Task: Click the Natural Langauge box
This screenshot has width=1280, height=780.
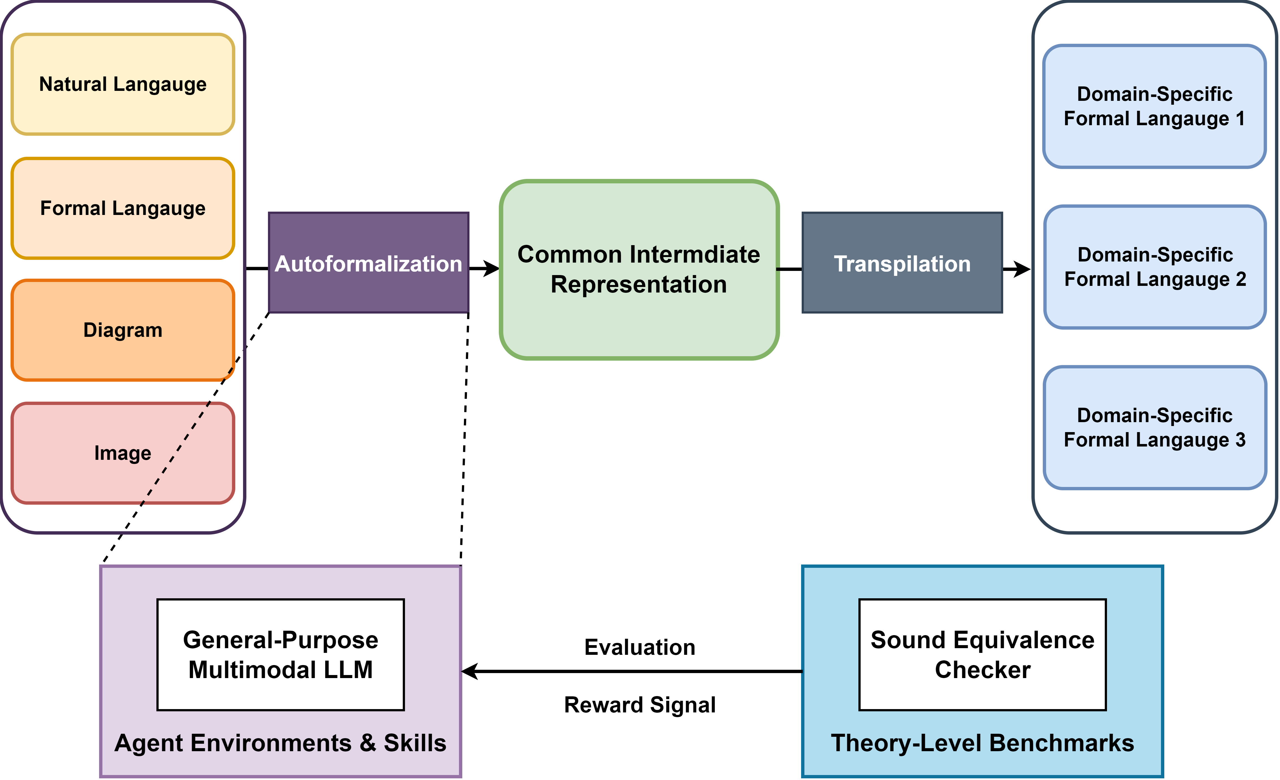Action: point(123,84)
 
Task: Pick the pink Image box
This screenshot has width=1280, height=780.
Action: point(123,453)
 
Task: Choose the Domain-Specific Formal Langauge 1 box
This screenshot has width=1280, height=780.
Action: point(1154,107)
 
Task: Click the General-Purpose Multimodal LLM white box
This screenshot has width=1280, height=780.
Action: point(280,655)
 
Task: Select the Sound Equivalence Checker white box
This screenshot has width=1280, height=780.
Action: point(982,655)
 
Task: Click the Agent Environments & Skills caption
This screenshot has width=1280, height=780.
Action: point(280,743)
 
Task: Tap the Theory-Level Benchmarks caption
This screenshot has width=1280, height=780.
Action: point(982,743)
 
